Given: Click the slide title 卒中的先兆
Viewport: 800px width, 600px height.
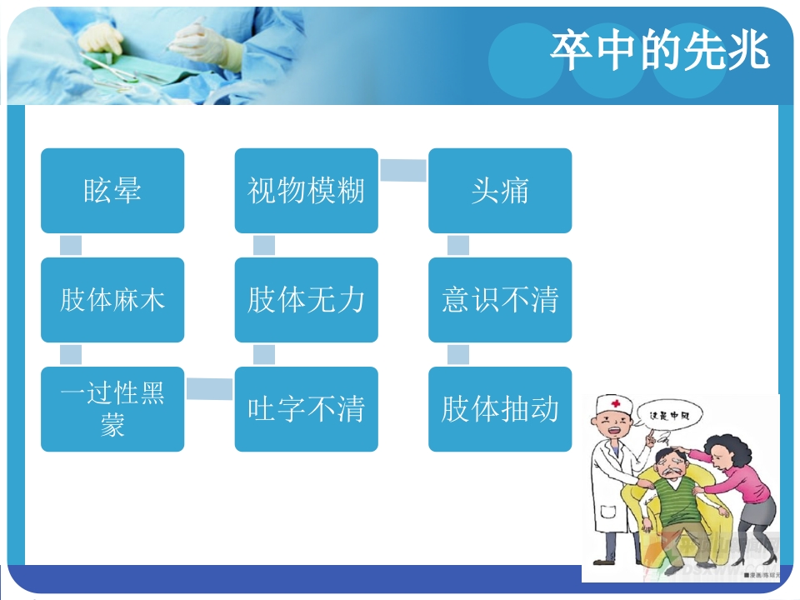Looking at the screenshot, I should pos(659,52).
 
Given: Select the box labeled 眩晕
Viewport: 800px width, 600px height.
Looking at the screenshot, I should pos(112,191).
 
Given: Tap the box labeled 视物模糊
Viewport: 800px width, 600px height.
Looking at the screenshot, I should pos(306,191).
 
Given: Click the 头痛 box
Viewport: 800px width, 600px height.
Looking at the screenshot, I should pos(500,191).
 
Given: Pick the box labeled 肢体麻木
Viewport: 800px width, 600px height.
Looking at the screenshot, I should pos(112,300).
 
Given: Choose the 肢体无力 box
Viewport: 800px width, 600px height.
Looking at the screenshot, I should pos(306,300).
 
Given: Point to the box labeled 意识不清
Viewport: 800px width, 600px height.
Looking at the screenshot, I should pos(500,300).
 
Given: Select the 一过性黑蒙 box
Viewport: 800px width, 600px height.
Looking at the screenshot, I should pos(112,409).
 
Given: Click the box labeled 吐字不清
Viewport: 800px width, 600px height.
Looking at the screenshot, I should pos(306,409).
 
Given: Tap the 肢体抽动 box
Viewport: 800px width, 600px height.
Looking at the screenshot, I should pos(500,409).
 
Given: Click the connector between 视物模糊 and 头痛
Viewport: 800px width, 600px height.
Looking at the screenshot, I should pos(403,170).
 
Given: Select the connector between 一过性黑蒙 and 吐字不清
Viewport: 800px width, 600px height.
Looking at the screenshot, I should pos(209,388).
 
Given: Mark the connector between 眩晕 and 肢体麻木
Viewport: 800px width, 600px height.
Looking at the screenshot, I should pos(71,245).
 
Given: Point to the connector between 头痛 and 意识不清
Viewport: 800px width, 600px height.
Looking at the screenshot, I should pos(458,245).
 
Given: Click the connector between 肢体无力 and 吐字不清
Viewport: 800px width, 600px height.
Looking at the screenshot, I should pos(264,354).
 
